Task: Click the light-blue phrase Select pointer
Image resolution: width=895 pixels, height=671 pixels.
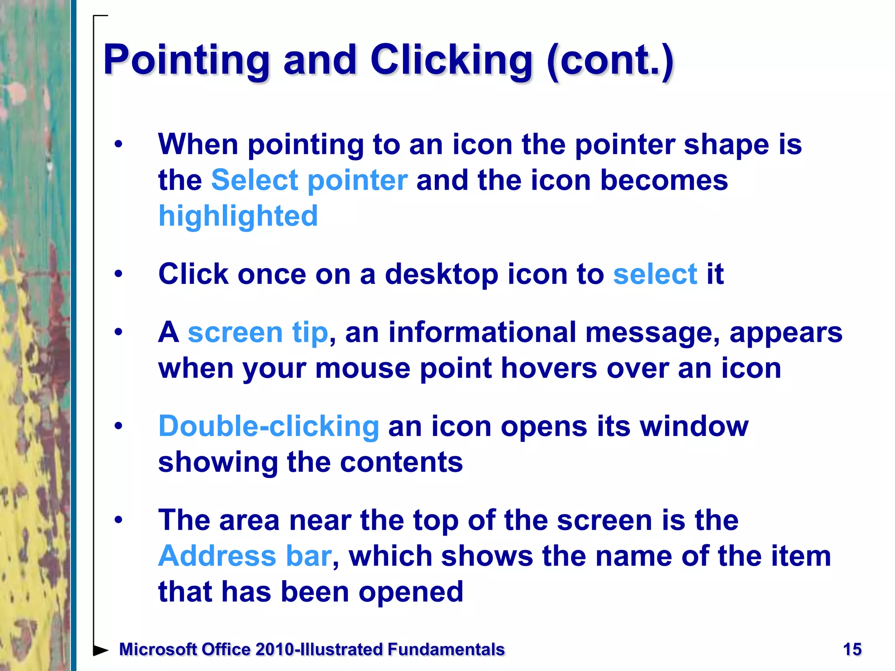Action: tap(309, 180)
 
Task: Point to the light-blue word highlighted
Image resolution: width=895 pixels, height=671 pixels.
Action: tap(238, 216)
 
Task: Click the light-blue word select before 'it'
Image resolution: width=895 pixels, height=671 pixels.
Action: tap(655, 274)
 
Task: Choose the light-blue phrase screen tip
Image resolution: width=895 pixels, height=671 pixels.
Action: tap(258, 332)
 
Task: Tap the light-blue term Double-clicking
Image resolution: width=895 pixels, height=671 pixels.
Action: tap(269, 426)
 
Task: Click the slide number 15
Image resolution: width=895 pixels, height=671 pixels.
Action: tap(852, 650)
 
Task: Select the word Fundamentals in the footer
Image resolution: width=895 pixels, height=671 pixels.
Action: tap(446, 650)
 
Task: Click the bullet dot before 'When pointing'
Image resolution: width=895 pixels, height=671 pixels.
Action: tap(118, 145)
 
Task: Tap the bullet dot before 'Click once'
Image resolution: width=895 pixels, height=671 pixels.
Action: tap(118, 274)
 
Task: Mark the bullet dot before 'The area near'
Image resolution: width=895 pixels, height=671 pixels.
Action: tap(118, 520)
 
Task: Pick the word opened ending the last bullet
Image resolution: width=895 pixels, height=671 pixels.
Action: tap(411, 592)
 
